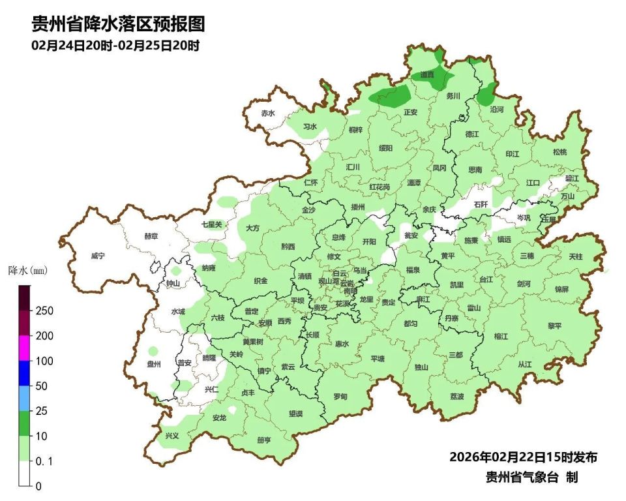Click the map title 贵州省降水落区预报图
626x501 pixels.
[118, 25]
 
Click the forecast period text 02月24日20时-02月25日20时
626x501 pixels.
[115, 46]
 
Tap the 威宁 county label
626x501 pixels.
[98, 256]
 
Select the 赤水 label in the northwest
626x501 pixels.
[268, 113]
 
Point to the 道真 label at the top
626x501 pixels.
[427, 75]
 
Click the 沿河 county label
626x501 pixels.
[497, 110]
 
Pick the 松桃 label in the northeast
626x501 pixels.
[559, 152]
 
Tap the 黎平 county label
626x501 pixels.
[554, 326]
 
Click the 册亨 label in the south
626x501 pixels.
[264, 440]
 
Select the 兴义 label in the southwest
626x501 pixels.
[171, 436]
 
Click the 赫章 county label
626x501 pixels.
[151, 236]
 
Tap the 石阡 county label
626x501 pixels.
[481, 204]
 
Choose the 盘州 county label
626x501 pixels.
[154, 365]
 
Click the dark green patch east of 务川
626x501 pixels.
[485, 95]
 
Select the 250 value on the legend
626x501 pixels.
[44, 311]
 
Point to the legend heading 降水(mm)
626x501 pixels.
[28, 269]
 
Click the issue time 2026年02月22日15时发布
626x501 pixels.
[523, 457]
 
